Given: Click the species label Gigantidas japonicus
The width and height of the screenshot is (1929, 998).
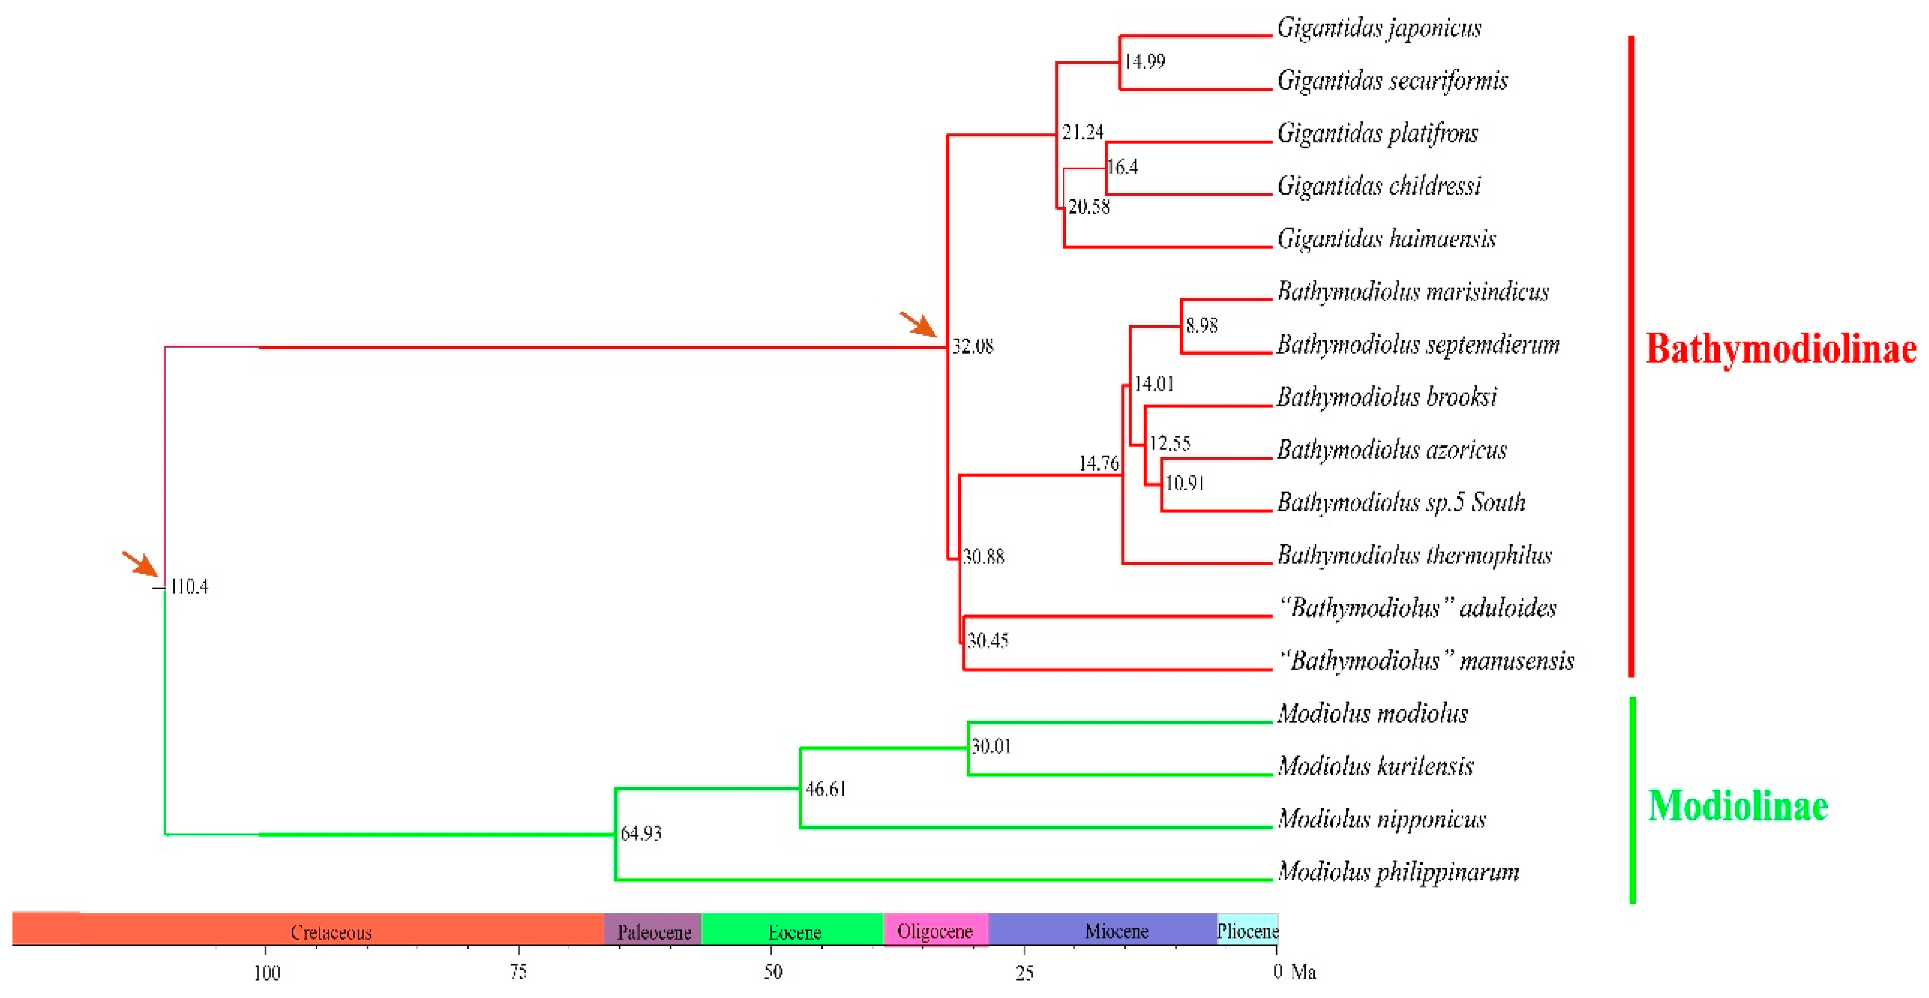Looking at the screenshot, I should pyautogui.click(x=1379, y=28).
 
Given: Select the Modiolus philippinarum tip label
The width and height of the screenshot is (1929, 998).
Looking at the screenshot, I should pyautogui.click(x=1398, y=872).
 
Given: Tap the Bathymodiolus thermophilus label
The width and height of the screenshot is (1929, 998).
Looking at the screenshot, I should pyautogui.click(x=1414, y=556).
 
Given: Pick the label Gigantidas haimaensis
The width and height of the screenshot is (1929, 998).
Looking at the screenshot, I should pyautogui.click(x=1386, y=240).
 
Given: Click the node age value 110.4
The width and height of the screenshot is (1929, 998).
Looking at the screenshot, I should pyautogui.click(x=189, y=587).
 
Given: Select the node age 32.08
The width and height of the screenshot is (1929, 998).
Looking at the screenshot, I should pyautogui.click(x=973, y=347).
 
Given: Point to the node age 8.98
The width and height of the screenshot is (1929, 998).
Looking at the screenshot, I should pyautogui.click(x=1201, y=326).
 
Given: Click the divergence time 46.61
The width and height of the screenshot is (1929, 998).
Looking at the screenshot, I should pyautogui.click(x=825, y=789).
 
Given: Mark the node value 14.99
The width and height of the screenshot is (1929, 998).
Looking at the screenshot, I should pyautogui.click(x=1145, y=61).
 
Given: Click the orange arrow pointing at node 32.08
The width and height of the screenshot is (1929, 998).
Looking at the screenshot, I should pyautogui.click(x=918, y=325).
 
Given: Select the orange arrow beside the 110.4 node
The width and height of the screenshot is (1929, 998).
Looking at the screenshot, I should pyautogui.click(x=141, y=564).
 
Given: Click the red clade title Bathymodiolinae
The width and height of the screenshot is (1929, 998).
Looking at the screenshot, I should pyautogui.click(x=1780, y=349).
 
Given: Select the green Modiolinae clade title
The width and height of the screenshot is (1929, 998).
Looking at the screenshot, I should pyautogui.click(x=1737, y=806).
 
